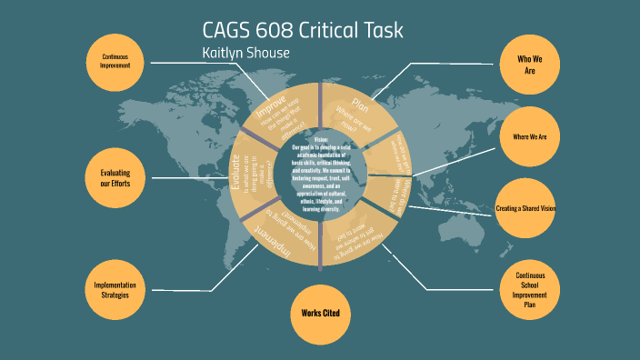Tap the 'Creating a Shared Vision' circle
tap(526, 209)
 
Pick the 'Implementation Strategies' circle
tap(115, 290)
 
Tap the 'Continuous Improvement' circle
tap(115, 62)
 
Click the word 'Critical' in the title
tap(330, 30)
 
